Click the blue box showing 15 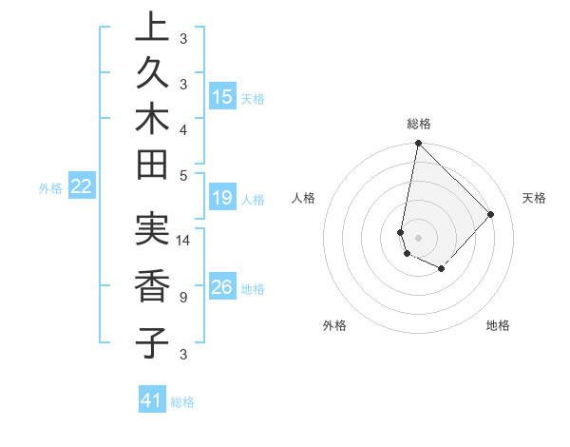point(222,97)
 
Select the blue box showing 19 point(222,198)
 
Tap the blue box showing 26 point(222,288)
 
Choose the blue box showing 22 point(82,186)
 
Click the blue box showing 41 point(152,400)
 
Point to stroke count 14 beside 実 point(184,241)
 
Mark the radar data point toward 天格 point(491,214)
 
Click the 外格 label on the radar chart point(334,325)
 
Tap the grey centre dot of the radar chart point(418,237)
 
